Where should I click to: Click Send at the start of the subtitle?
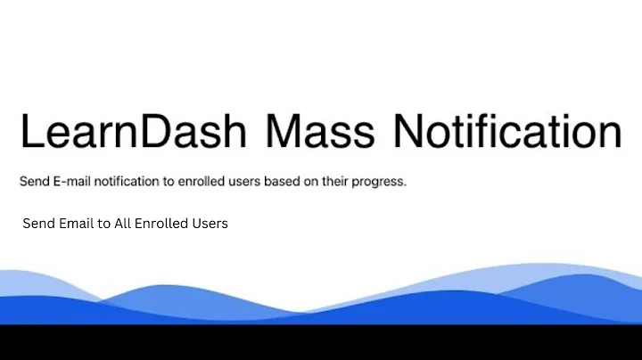pyautogui.click(x=35, y=182)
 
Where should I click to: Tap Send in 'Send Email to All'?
pyautogui.click(x=38, y=224)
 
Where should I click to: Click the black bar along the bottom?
pyautogui.click(x=321, y=343)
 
